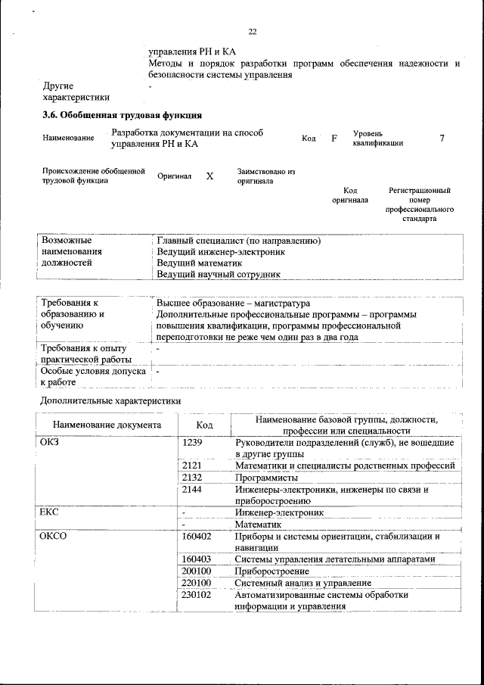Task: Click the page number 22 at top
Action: click(x=253, y=31)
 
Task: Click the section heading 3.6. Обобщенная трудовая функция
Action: click(x=122, y=116)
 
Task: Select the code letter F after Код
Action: click(x=334, y=139)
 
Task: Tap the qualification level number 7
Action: click(x=442, y=139)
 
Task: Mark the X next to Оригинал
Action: click(x=209, y=176)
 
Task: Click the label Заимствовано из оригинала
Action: click(x=265, y=176)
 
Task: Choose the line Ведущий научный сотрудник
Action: click(x=219, y=274)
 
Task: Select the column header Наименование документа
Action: click(x=107, y=425)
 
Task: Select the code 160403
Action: click(x=197, y=559)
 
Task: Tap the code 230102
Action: click(x=197, y=595)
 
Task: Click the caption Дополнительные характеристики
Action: click(x=110, y=400)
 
